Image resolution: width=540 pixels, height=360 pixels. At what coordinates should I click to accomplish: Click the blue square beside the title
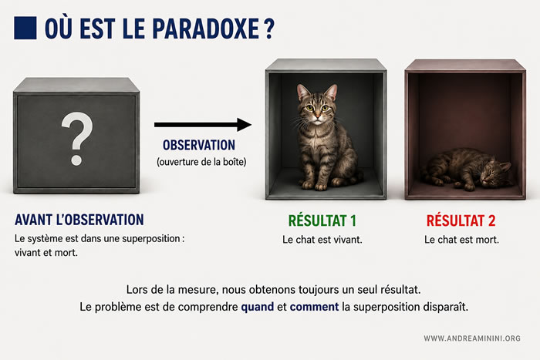(25, 28)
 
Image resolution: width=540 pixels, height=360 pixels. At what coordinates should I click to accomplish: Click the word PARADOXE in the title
(206, 29)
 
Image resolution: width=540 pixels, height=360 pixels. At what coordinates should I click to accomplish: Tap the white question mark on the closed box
(77, 138)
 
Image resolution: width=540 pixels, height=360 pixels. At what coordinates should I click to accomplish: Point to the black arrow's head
(245, 125)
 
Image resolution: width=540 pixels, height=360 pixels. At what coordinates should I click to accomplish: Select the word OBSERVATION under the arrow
(199, 145)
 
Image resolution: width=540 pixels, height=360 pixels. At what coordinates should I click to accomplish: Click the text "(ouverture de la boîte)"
(201, 162)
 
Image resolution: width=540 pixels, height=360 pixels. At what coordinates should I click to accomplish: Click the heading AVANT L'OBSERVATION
(79, 220)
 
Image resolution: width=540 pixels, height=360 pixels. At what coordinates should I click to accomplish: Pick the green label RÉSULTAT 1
(322, 220)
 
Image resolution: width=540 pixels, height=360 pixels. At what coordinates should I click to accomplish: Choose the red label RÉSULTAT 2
(461, 220)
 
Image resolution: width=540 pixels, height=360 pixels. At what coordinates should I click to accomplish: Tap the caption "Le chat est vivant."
(322, 240)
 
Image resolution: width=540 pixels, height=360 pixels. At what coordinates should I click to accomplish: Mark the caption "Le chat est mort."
(461, 240)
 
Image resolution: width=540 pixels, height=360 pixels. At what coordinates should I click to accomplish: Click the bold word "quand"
(258, 307)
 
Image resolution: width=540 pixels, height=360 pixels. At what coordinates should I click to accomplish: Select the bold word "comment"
(314, 307)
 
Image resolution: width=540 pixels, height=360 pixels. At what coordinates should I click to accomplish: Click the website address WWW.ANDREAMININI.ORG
(472, 338)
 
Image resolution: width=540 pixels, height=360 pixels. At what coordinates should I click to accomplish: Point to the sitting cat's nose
(317, 114)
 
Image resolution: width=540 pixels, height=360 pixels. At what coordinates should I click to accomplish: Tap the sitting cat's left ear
(302, 92)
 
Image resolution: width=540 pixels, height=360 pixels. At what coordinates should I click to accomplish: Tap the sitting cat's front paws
(315, 186)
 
